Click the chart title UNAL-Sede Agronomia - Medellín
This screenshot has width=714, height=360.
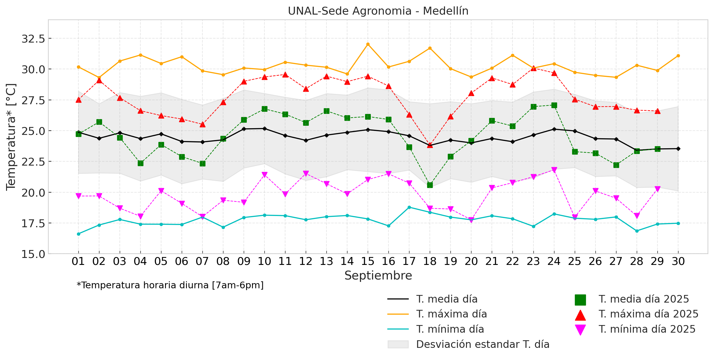tap(378, 11)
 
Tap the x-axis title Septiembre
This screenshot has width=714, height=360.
tap(378, 276)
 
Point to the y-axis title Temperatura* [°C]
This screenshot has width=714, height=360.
tap(11, 137)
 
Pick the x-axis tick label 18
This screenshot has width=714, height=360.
tap(430, 261)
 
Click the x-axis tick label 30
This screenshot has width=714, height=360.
tap(678, 261)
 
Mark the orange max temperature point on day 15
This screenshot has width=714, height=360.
tap(368, 44)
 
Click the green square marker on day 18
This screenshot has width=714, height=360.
tap(430, 185)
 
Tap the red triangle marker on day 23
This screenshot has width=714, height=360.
tap(533, 68)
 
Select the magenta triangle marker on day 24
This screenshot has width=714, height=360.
tap(554, 170)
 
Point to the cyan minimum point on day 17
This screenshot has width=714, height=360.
tap(409, 207)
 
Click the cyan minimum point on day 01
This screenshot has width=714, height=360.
tap(78, 234)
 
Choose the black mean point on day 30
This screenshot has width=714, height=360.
tap(678, 149)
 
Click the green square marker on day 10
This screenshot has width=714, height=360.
tap(264, 109)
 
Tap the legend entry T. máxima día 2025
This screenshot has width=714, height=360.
tap(648, 314)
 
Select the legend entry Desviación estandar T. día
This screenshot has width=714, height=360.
tap(482, 345)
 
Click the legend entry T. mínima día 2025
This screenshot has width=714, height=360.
tap(647, 329)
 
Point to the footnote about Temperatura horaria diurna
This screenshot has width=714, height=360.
tap(170, 285)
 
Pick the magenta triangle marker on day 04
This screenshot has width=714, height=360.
tap(140, 216)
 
